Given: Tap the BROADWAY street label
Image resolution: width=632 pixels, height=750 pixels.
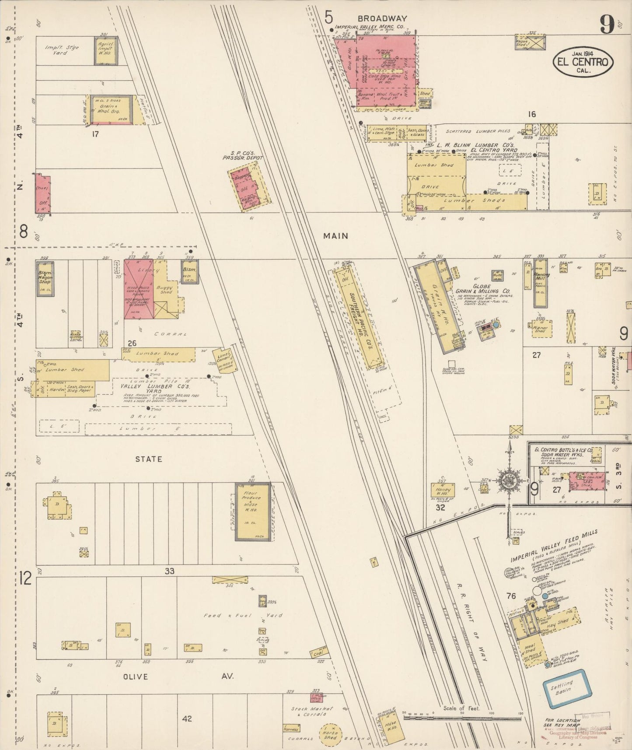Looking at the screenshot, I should point(382,19).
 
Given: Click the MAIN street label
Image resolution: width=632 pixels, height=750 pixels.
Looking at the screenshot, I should point(335,236).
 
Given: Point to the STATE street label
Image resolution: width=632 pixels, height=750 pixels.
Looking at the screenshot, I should point(148,459).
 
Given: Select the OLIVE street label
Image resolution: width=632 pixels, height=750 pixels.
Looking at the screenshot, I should point(136,676).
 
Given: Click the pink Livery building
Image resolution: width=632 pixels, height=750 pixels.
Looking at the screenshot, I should point(139,289).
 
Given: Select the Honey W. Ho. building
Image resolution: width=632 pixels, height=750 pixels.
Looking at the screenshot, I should point(443,490).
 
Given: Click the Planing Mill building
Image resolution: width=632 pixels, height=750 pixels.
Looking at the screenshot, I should point(541,282).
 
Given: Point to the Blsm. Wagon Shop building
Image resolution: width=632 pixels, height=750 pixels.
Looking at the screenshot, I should point(45,279).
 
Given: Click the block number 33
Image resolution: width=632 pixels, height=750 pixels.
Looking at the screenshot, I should point(170,571).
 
